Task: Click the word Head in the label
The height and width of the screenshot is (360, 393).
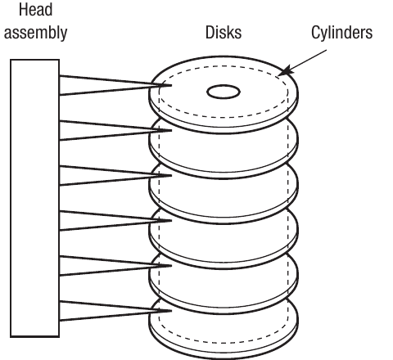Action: coord(35,10)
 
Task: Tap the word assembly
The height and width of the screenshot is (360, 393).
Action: coord(35,33)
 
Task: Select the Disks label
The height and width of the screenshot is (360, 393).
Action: coord(224,32)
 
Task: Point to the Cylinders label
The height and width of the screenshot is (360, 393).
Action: coord(341,33)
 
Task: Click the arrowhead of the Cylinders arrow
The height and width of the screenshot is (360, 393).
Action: coord(286,70)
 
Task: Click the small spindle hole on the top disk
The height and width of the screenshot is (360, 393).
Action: coord(224,92)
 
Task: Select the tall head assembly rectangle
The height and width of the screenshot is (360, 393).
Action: coord(35,198)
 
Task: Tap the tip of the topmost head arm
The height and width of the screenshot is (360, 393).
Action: coord(171,85)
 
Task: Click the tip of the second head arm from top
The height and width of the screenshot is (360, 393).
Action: coord(171,130)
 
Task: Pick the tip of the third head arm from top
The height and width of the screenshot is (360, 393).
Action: coord(171,175)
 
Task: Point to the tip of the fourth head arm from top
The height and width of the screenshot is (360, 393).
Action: coord(171,220)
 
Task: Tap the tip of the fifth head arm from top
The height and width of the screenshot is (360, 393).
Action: coord(171,266)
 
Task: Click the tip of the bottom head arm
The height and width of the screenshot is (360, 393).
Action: coord(171,311)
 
